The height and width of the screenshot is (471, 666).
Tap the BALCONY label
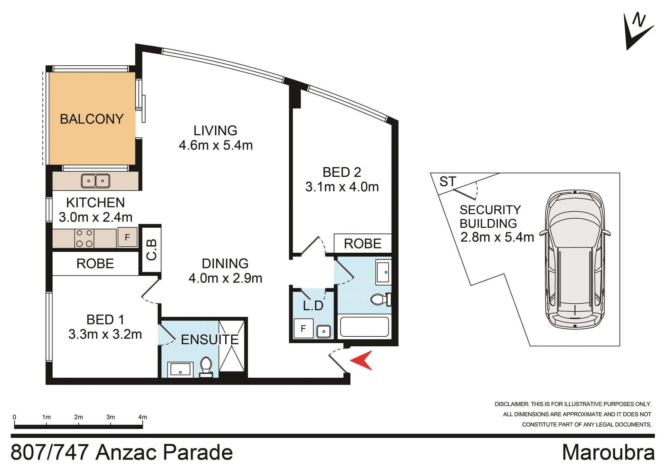tap(92, 119)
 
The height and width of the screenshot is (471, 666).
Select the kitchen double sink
tap(95, 181)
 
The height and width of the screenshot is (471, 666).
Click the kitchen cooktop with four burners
tap(84, 238)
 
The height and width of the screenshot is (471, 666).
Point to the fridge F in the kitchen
tap(127, 237)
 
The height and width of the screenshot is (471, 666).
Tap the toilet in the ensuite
tap(206, 367)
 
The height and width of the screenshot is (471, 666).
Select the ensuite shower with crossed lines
tap(232, 346)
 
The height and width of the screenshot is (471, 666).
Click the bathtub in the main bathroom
tap(364, 327)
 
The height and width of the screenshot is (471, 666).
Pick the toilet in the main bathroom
tap(381, 299)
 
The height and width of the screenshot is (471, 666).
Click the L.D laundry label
tap(313, 306)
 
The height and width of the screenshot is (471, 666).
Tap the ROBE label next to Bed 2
tap(362, 244)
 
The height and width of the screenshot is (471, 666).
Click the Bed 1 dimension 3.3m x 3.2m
tap(105, 334)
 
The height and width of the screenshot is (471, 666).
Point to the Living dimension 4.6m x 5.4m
tap(215, 145)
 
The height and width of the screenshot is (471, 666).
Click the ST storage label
tap(447, 182)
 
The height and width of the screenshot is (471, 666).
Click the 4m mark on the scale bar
tap(143, 417)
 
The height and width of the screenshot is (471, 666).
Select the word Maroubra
tap(608, 452)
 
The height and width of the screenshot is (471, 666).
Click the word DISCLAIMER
tap(512, 404)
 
